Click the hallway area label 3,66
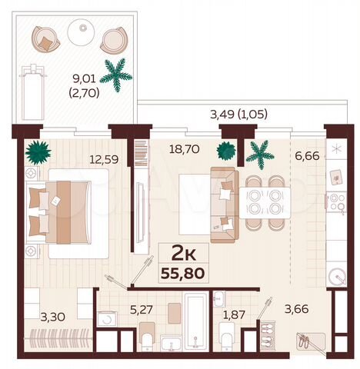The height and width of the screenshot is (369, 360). pos(295,309)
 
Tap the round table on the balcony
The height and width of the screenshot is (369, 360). pos(79,32)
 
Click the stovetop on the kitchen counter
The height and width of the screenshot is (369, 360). pos(336,202)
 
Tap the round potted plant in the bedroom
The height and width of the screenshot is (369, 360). pos(35,151)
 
